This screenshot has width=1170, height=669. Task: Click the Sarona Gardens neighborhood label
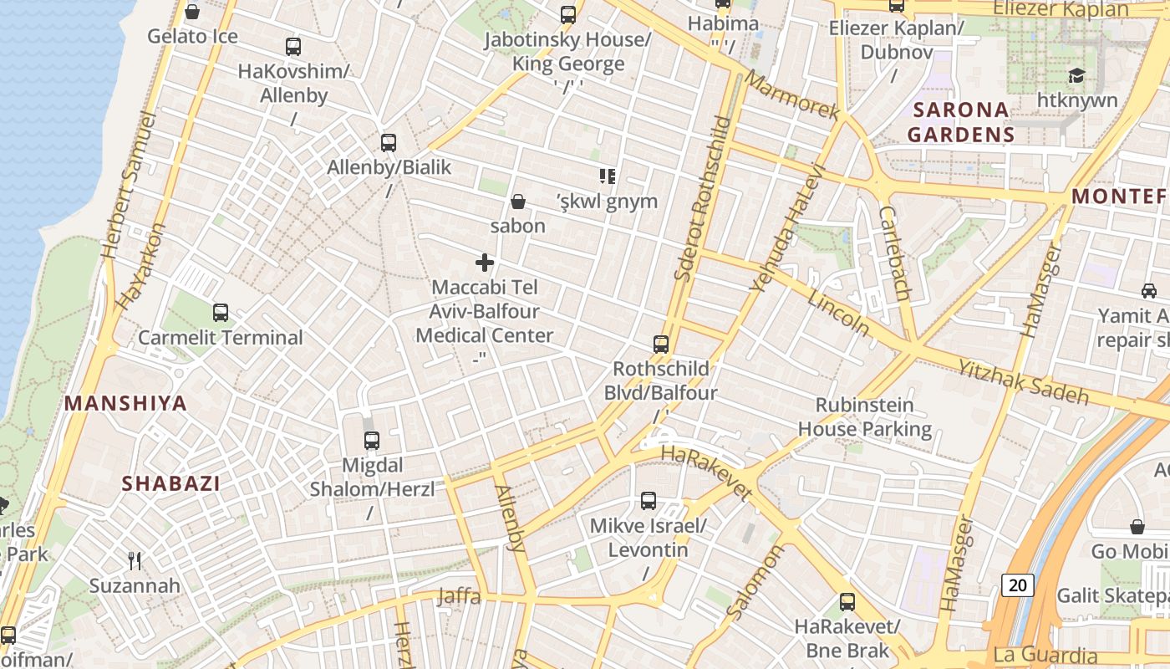point(960,122)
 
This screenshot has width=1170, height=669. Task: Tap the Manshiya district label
point(125,403)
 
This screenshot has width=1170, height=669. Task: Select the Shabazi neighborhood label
point(171,483)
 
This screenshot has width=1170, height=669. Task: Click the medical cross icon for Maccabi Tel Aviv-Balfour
point(485,263)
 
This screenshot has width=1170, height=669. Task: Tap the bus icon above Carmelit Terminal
point(221,313)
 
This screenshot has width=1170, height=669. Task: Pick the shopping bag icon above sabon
point(518,202)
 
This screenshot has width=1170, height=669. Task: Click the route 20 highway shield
point(1017,585)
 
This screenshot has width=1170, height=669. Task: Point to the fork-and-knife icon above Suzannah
point(135,560)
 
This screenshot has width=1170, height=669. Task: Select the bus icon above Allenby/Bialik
point(389,142)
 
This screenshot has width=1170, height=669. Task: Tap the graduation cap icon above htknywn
point(1076,76)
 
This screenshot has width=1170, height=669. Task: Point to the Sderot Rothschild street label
point(703,198)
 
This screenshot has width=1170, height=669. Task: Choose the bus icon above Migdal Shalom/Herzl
point(372,440)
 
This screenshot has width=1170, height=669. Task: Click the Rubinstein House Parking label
point(864,417)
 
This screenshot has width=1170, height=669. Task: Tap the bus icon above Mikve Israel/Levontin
point(649,501)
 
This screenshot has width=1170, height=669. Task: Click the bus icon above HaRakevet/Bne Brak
point(847,601)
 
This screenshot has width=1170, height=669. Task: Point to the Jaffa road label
point(459,596)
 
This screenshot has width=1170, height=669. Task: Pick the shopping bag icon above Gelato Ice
point(192,12)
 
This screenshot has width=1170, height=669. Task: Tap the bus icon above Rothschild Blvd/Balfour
point(661,344)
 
